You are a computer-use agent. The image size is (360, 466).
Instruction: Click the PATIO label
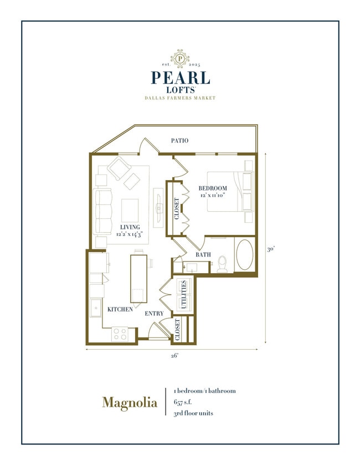179,141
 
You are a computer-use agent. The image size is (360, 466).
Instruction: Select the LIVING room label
130,227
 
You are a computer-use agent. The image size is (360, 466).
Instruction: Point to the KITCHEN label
120,309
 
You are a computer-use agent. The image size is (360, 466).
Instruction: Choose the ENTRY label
154,314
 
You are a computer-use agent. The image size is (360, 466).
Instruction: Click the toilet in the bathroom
223,264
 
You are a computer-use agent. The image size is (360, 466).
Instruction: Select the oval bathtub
245,255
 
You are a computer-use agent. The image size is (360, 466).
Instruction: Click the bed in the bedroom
229,192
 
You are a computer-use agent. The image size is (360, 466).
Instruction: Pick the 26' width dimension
174,356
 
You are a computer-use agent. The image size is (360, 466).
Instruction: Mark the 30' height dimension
271,250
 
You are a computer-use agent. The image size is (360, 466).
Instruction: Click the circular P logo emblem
179,58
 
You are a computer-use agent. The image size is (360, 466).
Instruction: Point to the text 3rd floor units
193,413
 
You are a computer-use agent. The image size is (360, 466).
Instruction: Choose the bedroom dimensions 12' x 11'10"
213,196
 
